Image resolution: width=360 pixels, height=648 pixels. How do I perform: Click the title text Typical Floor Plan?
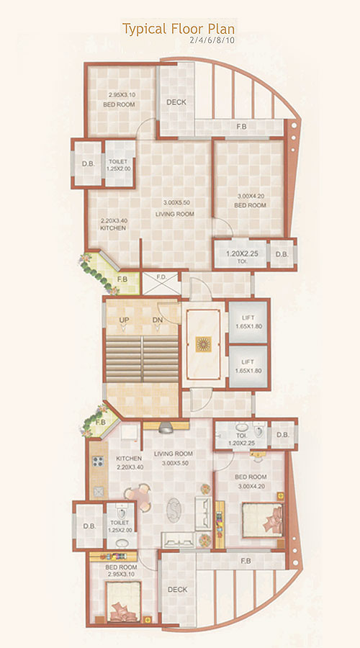179,29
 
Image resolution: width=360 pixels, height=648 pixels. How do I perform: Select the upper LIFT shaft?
248,323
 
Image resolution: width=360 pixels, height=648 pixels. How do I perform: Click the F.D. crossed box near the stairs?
160,282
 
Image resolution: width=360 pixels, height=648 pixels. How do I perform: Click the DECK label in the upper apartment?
176,102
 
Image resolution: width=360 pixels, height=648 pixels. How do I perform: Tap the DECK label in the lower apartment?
177,590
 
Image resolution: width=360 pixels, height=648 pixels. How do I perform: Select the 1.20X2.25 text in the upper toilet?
241,253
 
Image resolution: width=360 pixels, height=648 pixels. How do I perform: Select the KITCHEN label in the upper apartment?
114,228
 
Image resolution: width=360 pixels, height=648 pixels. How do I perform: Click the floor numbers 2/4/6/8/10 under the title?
212,42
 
